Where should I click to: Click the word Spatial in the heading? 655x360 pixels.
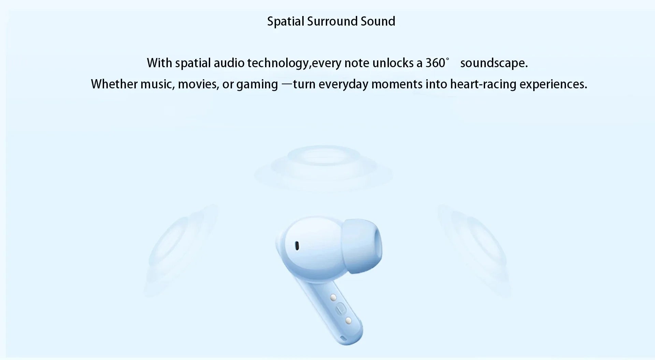tap(286, 21)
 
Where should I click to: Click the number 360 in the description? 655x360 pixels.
tap(435, 63)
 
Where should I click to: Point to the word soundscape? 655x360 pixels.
tap(494, 63)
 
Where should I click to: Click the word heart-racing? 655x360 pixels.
tap(483, 84)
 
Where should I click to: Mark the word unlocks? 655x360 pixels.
tap(392, 63)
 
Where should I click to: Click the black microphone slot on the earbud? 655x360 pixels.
tap(297, 245)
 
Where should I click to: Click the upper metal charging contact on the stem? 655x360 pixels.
tap(333, 298)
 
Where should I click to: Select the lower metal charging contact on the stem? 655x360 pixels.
tap(348, 320)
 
